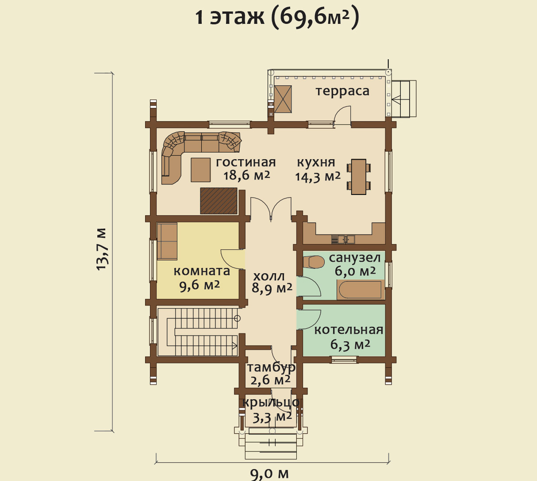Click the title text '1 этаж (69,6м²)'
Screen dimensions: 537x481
[277, 18]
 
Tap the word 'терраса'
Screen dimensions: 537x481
[342, 91]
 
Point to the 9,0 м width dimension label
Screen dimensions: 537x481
[269, 473]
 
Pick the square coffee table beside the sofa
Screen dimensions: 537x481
[201, 169]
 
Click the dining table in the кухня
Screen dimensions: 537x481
[359, 177]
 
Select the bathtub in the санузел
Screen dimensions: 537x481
[361, 290]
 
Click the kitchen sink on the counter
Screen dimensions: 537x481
[343, 239]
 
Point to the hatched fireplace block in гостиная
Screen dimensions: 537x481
[219, 201]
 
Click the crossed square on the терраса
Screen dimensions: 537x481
[283, 99]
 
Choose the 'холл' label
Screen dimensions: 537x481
[269, 276]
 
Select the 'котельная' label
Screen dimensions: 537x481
[349, 330]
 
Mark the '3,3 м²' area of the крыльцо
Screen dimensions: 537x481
[272, 418]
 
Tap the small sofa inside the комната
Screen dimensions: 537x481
[167, 241]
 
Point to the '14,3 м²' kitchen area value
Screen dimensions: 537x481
[318, 177]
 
